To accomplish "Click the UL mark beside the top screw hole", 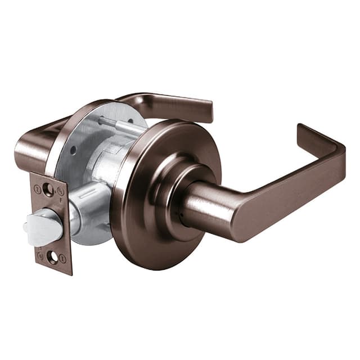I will click(60, 191).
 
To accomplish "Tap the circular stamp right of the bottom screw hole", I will click(63, 259).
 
